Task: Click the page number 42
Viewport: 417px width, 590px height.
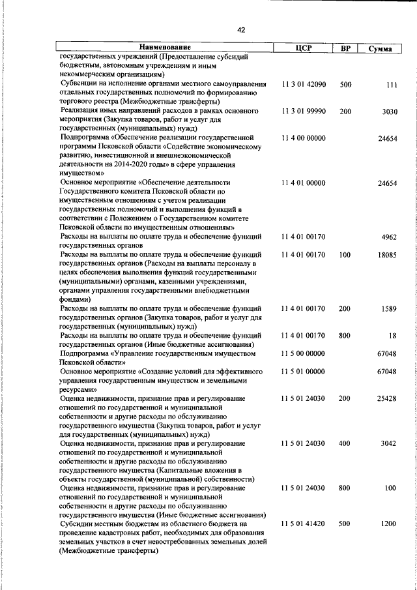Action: click(241, 30)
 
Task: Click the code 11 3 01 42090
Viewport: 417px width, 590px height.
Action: click(303, 85)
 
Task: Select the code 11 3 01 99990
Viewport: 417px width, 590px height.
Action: click(303, 111)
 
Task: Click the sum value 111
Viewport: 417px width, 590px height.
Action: click(392, 85)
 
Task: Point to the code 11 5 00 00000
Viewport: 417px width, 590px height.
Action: click(303, 353)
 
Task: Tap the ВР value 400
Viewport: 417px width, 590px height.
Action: click(346, 443)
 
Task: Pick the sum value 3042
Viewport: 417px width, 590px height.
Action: click(389, 443)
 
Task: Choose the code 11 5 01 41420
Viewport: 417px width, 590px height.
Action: click(303, 524)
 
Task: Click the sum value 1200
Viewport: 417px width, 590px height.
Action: click(389, 524)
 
